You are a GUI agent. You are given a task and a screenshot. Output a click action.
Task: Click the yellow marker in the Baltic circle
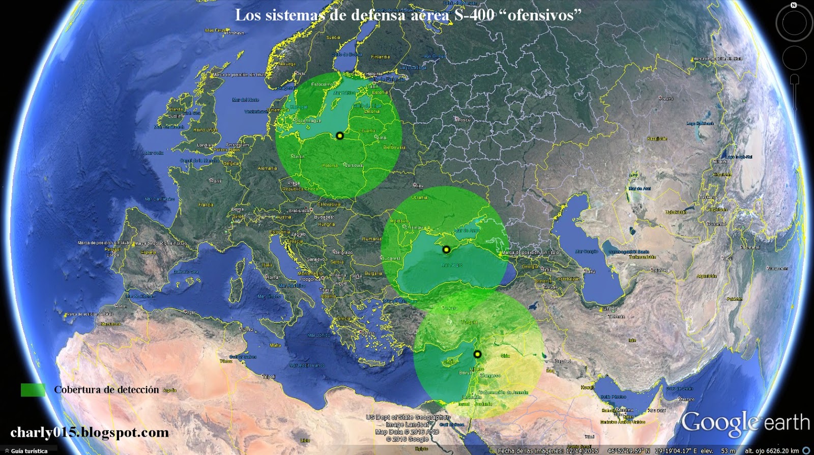point(340,136)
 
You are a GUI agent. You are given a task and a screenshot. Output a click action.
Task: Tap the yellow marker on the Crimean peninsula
point(446,249)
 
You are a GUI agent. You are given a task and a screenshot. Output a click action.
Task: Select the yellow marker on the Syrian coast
point(477,354)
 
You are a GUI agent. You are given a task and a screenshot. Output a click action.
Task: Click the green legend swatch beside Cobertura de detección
point(33,390)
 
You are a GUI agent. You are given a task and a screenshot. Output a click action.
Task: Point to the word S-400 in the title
point(474,15)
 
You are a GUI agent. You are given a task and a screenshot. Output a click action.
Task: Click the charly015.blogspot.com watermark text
point(90,433)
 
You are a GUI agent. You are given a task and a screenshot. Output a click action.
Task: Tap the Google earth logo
point(745,423)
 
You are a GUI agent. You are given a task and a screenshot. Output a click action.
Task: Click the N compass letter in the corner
point(794,5)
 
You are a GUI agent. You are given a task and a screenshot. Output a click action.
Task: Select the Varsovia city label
point(355,165)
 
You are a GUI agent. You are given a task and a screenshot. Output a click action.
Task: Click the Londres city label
point(206,145)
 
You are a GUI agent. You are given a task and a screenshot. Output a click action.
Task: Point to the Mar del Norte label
point(245,100)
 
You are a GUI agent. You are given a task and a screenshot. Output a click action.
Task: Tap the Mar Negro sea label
point(452,265)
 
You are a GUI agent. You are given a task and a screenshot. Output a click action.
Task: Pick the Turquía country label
point(469,322)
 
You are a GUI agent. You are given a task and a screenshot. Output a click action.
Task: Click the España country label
point(149,252)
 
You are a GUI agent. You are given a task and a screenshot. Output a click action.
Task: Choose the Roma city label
point(273,277)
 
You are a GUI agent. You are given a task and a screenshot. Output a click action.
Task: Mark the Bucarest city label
point(391,259)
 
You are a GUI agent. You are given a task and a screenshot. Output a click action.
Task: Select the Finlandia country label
point(381,57)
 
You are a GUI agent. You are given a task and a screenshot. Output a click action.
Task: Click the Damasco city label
point(490,376)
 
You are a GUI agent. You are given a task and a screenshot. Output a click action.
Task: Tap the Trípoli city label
point(269,377)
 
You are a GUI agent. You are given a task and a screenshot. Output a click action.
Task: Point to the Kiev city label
point(419,186)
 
